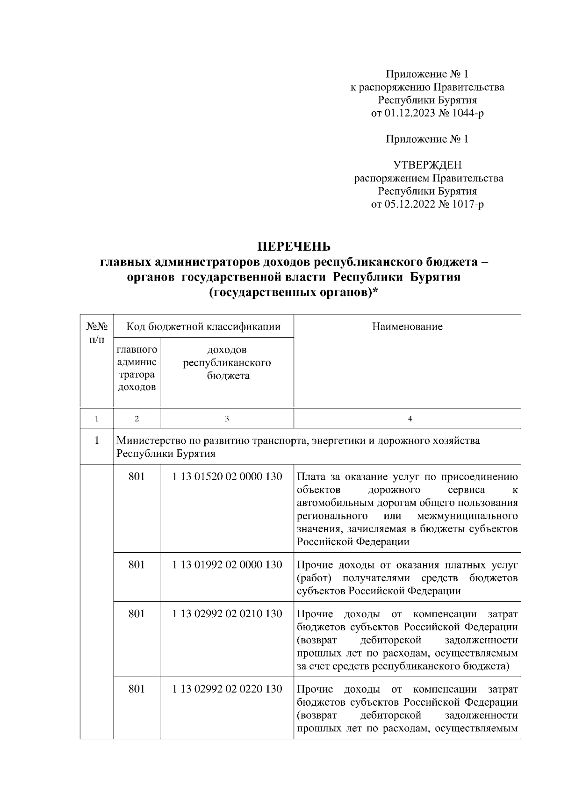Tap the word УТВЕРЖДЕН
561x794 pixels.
(427, 165)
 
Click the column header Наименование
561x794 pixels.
(407, 326)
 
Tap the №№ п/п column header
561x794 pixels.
(97, 332)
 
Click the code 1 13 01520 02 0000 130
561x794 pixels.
(227, 477)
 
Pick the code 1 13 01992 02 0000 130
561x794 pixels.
(227, 565)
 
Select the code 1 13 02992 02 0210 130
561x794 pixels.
(227, 614)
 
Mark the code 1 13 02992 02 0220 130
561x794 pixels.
(227, 689)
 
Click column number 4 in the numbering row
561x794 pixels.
(410, 419)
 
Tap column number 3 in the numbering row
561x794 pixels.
(227, 419)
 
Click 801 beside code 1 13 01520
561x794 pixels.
(137, 477)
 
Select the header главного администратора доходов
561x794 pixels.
(137, 368)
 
